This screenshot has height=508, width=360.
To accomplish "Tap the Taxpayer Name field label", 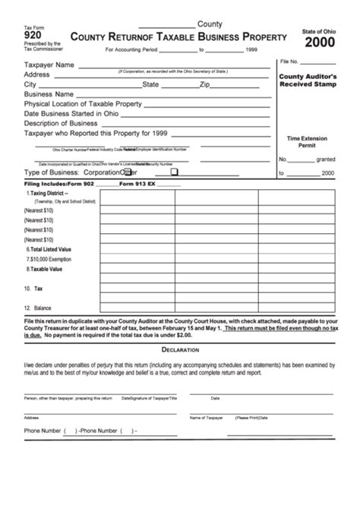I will point(49,65).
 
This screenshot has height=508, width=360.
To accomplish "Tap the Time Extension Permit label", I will point(306,142).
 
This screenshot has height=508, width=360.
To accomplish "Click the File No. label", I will point(289,61).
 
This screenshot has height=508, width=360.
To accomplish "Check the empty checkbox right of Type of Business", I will point(174,172).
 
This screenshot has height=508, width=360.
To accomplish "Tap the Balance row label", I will point(37,308).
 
